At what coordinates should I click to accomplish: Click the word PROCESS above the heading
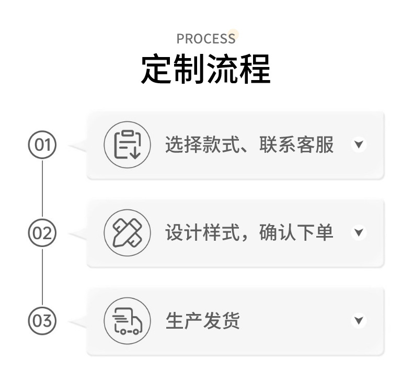(x=205, y=39)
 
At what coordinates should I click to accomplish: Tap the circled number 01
(x=42, y=144)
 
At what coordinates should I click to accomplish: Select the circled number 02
(x=42, y=232)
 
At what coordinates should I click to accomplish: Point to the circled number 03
(x=42, y=320)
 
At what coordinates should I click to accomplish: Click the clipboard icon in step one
(x=128, y=144)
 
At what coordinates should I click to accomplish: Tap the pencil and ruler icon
(x=128, y=232)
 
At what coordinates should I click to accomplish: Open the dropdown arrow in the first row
(x=358, y=144)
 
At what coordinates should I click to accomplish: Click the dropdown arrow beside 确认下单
(x=358, y=232)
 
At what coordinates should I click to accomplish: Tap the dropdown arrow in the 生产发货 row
(x=358, y=320)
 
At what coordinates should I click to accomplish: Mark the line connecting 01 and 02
(x=42, y=188)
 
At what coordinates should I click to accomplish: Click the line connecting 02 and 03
(x=42, y=276)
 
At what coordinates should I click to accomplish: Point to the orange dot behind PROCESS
(x=233, y=35)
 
